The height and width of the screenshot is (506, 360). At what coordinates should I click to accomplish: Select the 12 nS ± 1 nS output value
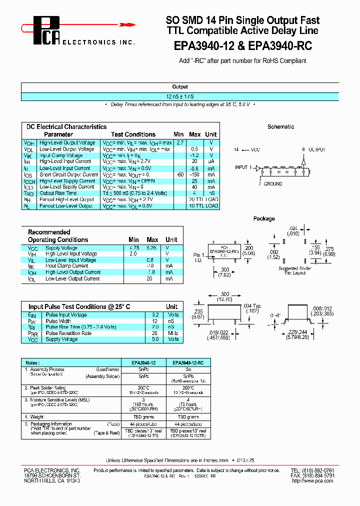click(180, 95)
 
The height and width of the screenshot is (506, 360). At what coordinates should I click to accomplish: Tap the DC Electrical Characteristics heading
click(66, 127)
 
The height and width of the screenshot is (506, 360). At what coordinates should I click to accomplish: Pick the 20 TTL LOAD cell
click(203, 199)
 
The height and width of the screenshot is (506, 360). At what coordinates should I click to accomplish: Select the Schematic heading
click(280, 127)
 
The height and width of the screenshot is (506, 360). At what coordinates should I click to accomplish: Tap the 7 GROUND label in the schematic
click(270, 184)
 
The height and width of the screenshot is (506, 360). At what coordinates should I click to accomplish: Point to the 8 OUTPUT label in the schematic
click(313, 149)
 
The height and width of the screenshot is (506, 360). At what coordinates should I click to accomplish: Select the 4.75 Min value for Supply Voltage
click(134, 248)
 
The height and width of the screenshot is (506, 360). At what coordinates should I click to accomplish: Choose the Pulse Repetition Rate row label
click(68, 333)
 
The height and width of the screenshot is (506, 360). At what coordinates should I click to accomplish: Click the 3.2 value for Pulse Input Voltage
click(155, 315)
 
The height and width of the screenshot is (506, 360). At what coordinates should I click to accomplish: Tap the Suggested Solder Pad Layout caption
click(295, 271)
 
